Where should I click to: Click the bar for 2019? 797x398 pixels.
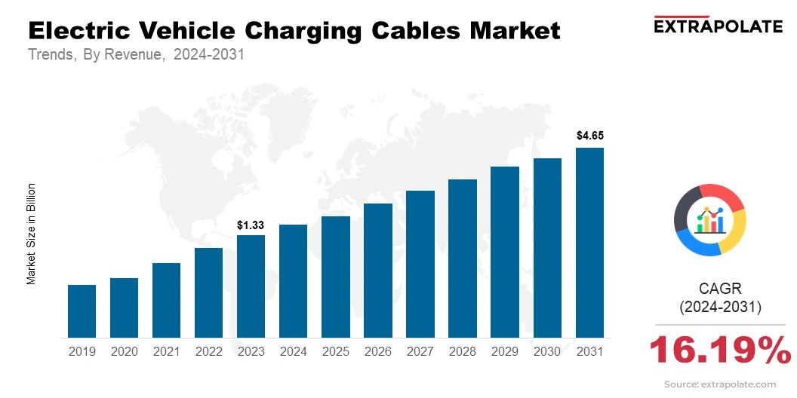tap(82, 311)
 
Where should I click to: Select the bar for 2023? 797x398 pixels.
tap(251, 286)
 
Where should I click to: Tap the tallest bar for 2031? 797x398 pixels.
tap(589, 242)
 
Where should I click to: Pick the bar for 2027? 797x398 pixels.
tap(420, 264)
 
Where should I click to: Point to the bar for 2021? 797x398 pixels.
tap(166, 299)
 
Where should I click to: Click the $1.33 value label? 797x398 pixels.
tap(251, 225)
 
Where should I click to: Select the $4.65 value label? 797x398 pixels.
tap(589, 136)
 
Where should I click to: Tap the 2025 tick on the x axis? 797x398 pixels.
tap(335, 351)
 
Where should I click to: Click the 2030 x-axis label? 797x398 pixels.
tap(547, 351)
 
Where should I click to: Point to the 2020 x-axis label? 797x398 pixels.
tap(124, 351)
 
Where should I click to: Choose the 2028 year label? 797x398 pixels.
tap(463, 351)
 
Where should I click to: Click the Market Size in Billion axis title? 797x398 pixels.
tap(32, 233)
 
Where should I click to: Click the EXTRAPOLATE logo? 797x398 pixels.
tap(717, 26)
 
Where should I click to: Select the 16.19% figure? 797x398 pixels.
tap(719, 350)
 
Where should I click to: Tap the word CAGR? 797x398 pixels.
tap(720, 288)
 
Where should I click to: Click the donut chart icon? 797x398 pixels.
tap(709, 219)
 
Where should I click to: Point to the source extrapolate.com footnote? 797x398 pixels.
tap(719, 384)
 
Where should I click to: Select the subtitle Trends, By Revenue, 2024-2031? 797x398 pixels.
tap(136, 55)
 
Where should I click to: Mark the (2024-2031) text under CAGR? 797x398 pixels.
tap(720, 307)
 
